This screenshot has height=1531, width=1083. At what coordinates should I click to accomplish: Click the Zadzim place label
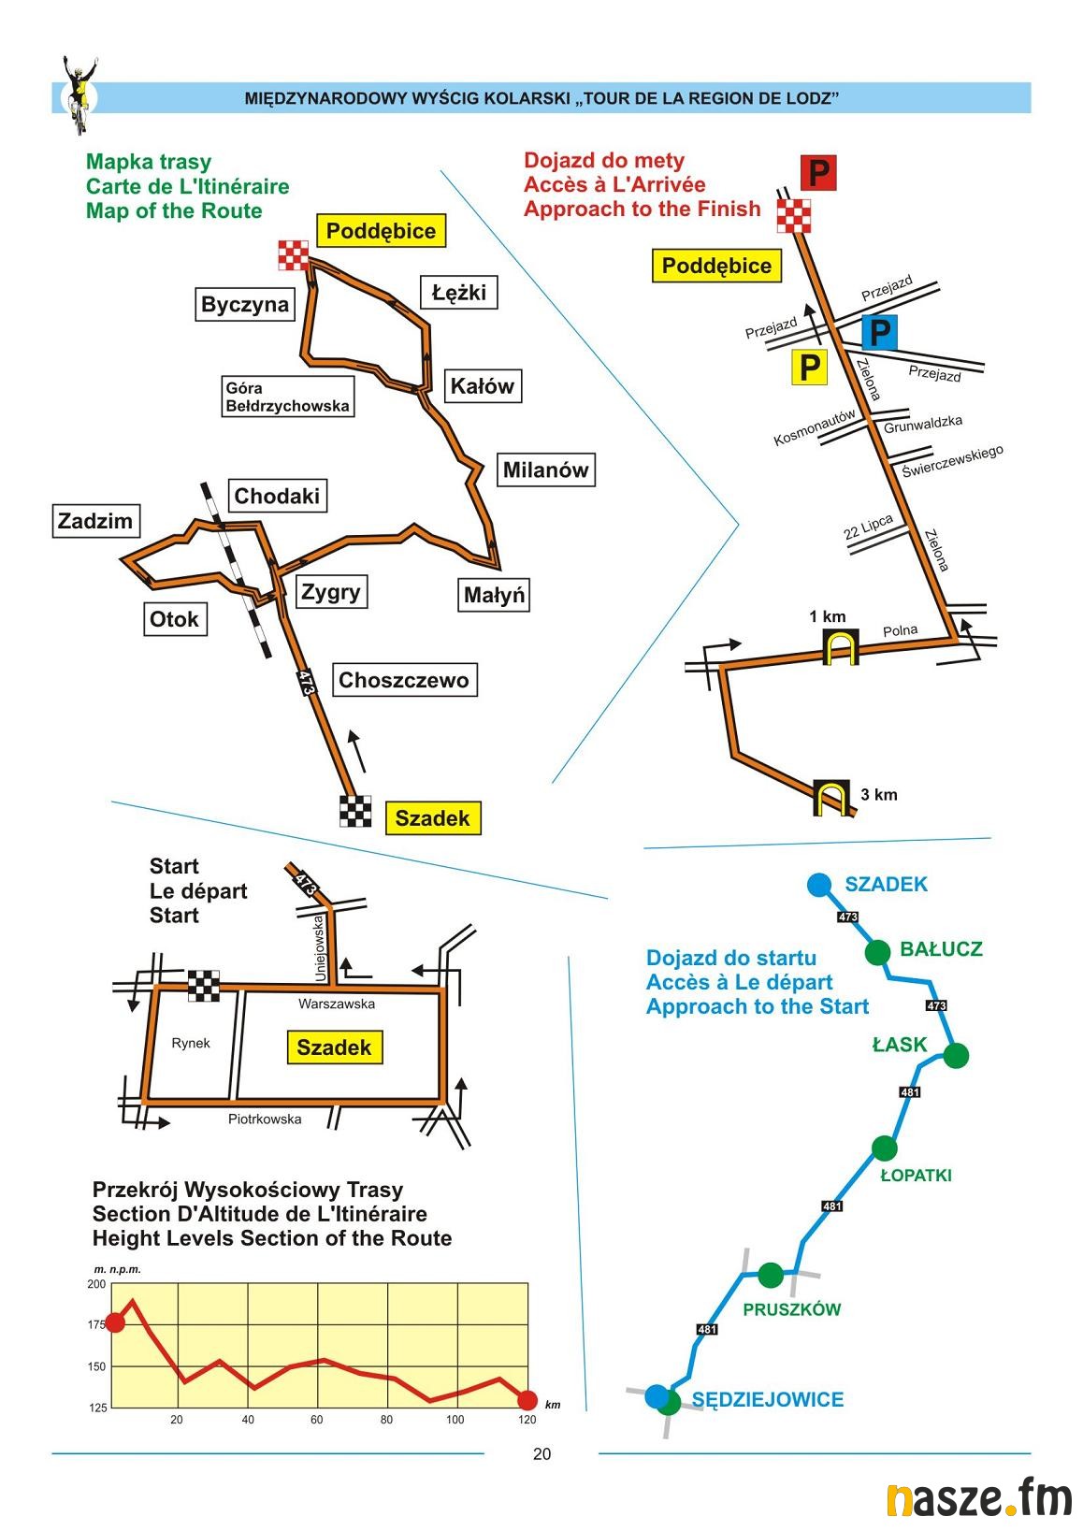(x=95, y=521)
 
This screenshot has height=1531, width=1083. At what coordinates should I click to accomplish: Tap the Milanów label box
(x=545, y=469)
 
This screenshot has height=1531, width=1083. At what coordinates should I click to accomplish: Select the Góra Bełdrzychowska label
(x=287, y=397)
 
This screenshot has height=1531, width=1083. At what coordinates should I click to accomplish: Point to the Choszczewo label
(x=403, y=680)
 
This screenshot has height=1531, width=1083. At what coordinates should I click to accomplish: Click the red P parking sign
(x=818, y=173)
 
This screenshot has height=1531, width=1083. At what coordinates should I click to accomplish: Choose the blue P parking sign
(x=879, y=332)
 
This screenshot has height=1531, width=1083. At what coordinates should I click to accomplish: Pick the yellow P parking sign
(x=810, y=368)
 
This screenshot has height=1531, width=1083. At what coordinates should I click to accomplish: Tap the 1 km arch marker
(x=840, y=647)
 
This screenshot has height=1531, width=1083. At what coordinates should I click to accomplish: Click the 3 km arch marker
(x=830, y=798)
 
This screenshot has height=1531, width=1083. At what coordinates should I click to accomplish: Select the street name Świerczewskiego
(x=952, y=461)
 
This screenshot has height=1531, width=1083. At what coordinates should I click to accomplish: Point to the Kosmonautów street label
(x=815, y=428)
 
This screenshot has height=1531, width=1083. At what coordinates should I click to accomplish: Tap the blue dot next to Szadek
(x=819, y=884)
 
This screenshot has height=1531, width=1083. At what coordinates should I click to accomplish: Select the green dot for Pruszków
(x=771, y=1274)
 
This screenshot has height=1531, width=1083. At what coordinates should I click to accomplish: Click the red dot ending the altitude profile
(x=527, y=1400)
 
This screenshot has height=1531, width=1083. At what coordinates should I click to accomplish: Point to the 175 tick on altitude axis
(x=97, y=1325)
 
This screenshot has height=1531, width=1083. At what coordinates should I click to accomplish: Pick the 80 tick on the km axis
(x=387, y=1420)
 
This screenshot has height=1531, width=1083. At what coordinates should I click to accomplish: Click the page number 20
(x=541, y=1454)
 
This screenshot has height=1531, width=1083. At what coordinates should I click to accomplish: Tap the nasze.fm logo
(x=978, y=1499)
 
